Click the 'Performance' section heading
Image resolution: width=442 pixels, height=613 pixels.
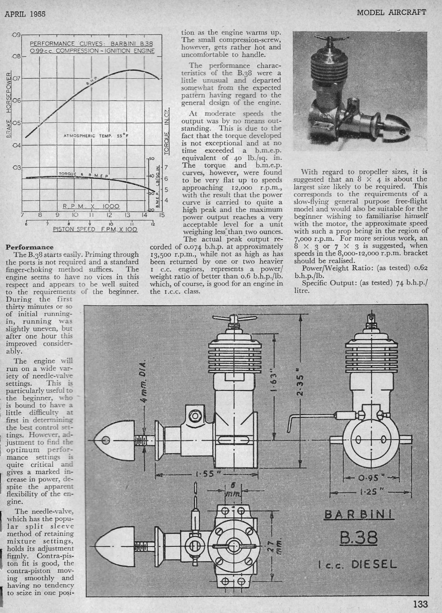pos(30,247)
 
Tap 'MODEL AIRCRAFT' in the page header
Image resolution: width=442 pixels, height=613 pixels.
pos(392,12)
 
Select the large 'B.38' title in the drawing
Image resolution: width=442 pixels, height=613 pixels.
pos(358,537)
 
